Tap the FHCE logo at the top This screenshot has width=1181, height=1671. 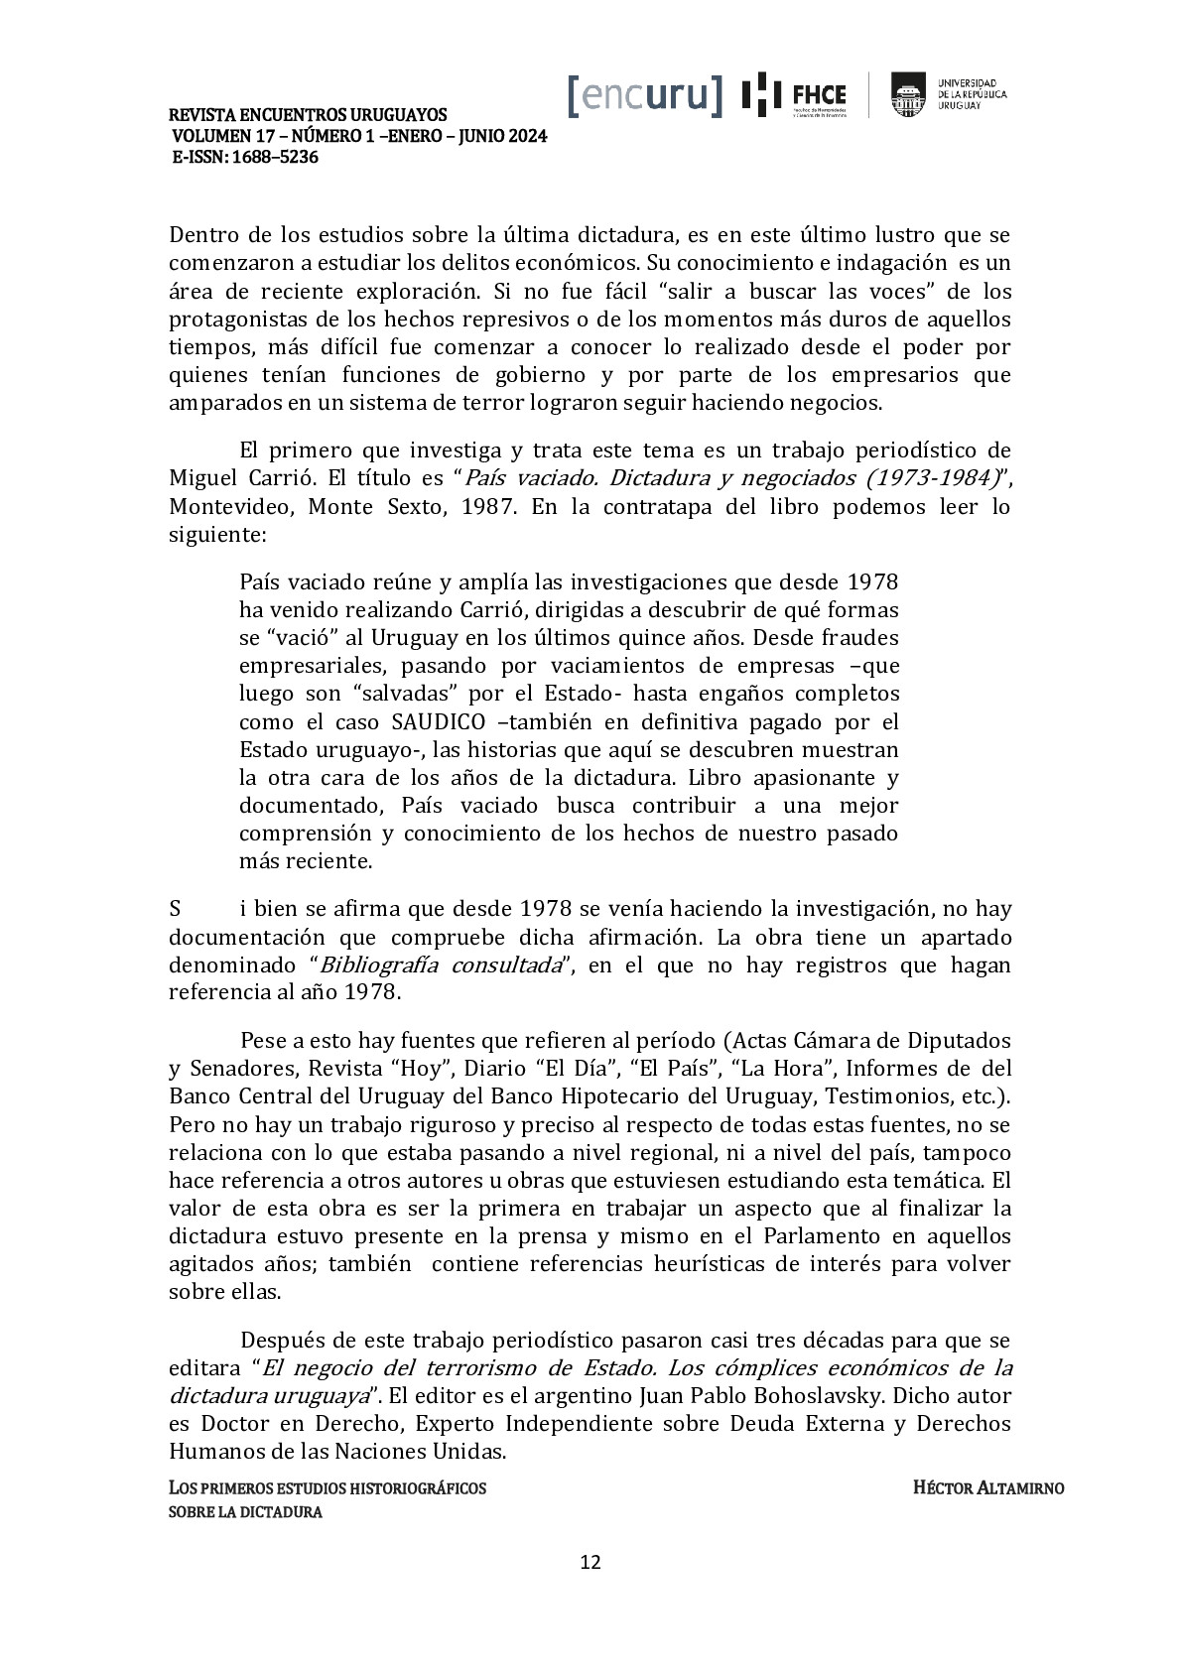(796, 95)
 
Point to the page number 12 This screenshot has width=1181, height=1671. (590, 1562)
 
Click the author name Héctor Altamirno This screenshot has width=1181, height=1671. (987, 1488)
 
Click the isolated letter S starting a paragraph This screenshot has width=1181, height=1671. (175, 909)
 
